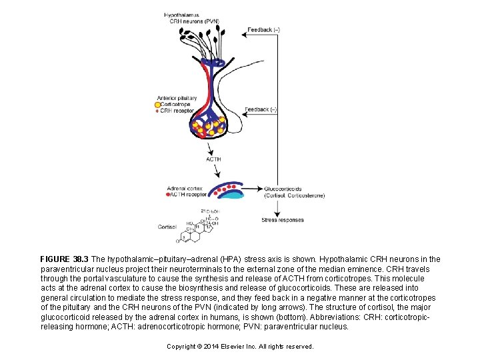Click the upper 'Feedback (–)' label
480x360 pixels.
263,30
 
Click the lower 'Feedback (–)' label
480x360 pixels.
261,109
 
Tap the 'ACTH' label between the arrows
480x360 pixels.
213,159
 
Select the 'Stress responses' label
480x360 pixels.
282,220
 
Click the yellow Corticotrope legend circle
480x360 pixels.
157,105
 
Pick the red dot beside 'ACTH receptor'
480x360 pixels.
168,195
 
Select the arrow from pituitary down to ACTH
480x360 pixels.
212,147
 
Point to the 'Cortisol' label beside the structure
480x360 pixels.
167,227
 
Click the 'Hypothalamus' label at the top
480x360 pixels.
181,15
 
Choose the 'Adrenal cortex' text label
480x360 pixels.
184,189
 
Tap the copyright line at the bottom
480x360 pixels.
240,347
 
